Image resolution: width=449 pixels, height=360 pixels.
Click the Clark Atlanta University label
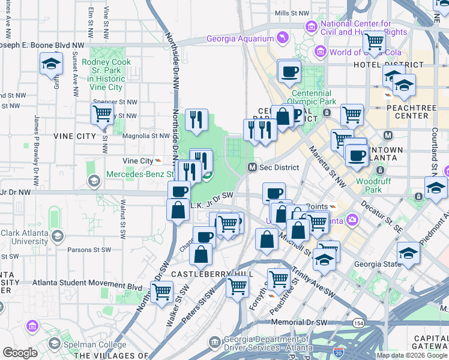[25, 237]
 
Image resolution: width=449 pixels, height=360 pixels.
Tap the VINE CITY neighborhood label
[74, 136]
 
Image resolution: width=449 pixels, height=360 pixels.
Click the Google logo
[20, 353]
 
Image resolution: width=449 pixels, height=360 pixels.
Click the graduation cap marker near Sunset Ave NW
[52, 64]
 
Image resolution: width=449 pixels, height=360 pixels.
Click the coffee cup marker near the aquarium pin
[289, 71]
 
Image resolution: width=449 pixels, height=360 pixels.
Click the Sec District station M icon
[253, 167]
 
